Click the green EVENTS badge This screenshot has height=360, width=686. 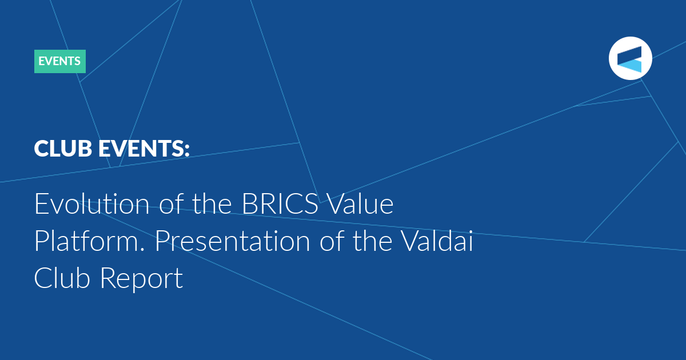tap(59, 61)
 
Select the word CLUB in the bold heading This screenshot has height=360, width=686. tap(63, 149)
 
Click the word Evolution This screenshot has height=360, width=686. tap(92, 203)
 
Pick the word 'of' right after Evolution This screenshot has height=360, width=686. tap(171, 203)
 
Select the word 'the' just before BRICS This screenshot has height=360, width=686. tap(212, 203)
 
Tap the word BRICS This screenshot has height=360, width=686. tap(280, 203)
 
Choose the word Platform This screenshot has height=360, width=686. tap(86, 241)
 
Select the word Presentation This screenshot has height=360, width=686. tap(233, 241)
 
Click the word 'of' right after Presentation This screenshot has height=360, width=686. tap(332, 241)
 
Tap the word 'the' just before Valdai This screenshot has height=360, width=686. tap(373, 241)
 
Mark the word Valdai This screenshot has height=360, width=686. tap(437, 241)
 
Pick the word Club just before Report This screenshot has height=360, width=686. tap(62, 278)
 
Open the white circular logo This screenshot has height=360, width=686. tap(630, 58)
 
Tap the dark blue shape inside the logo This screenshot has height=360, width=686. tap(629, 55)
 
